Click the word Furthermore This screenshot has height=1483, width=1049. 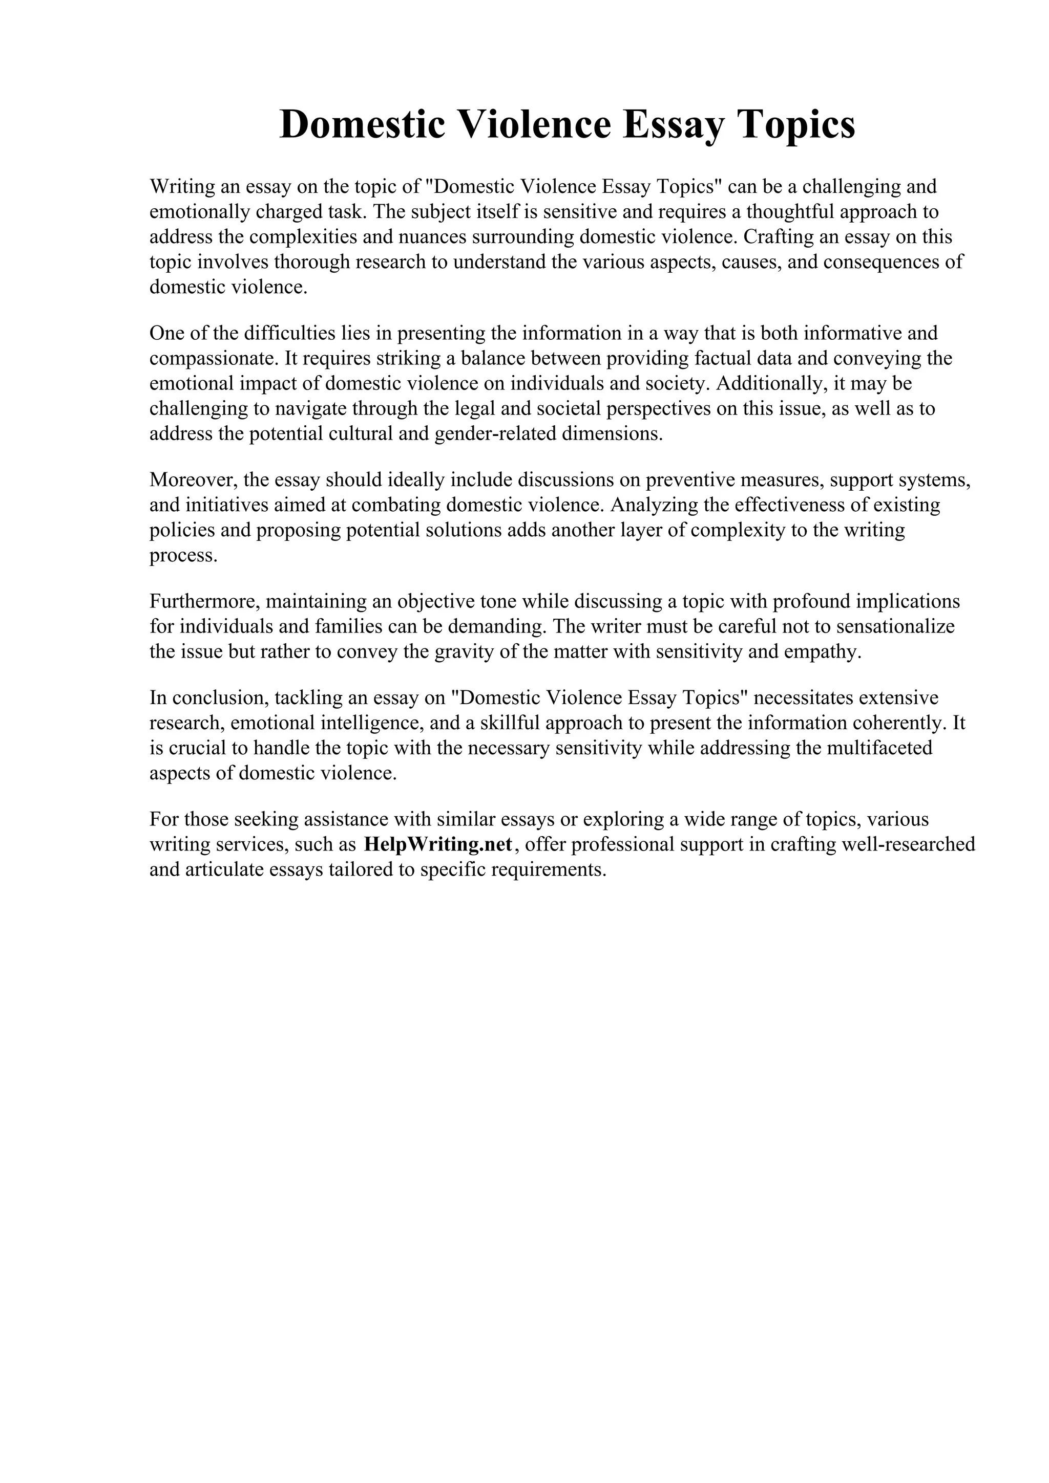(x=205, y=602)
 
